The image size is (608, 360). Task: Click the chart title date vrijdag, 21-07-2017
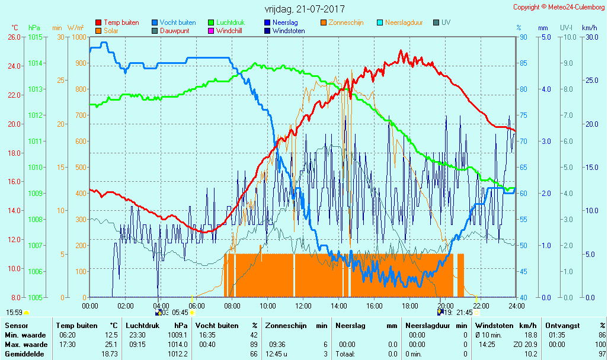pos(304,9)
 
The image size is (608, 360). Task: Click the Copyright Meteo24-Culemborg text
pos(559,7)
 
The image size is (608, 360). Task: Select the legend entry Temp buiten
pos(121,22)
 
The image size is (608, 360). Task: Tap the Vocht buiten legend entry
pos(177,22)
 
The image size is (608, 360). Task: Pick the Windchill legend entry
pos(232,31)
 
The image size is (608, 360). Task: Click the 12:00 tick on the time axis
pos(303,306)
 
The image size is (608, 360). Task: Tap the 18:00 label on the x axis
pos(410,306)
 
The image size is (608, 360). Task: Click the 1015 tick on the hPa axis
pos(35,37)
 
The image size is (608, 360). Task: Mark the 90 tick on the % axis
pos(523,37)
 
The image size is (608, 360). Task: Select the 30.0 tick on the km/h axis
pos(589,37)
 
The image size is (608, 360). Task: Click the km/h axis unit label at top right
pos(589,28)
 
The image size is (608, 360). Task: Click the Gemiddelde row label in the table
pos(24,354)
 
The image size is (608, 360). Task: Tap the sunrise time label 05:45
pos(180,312)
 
